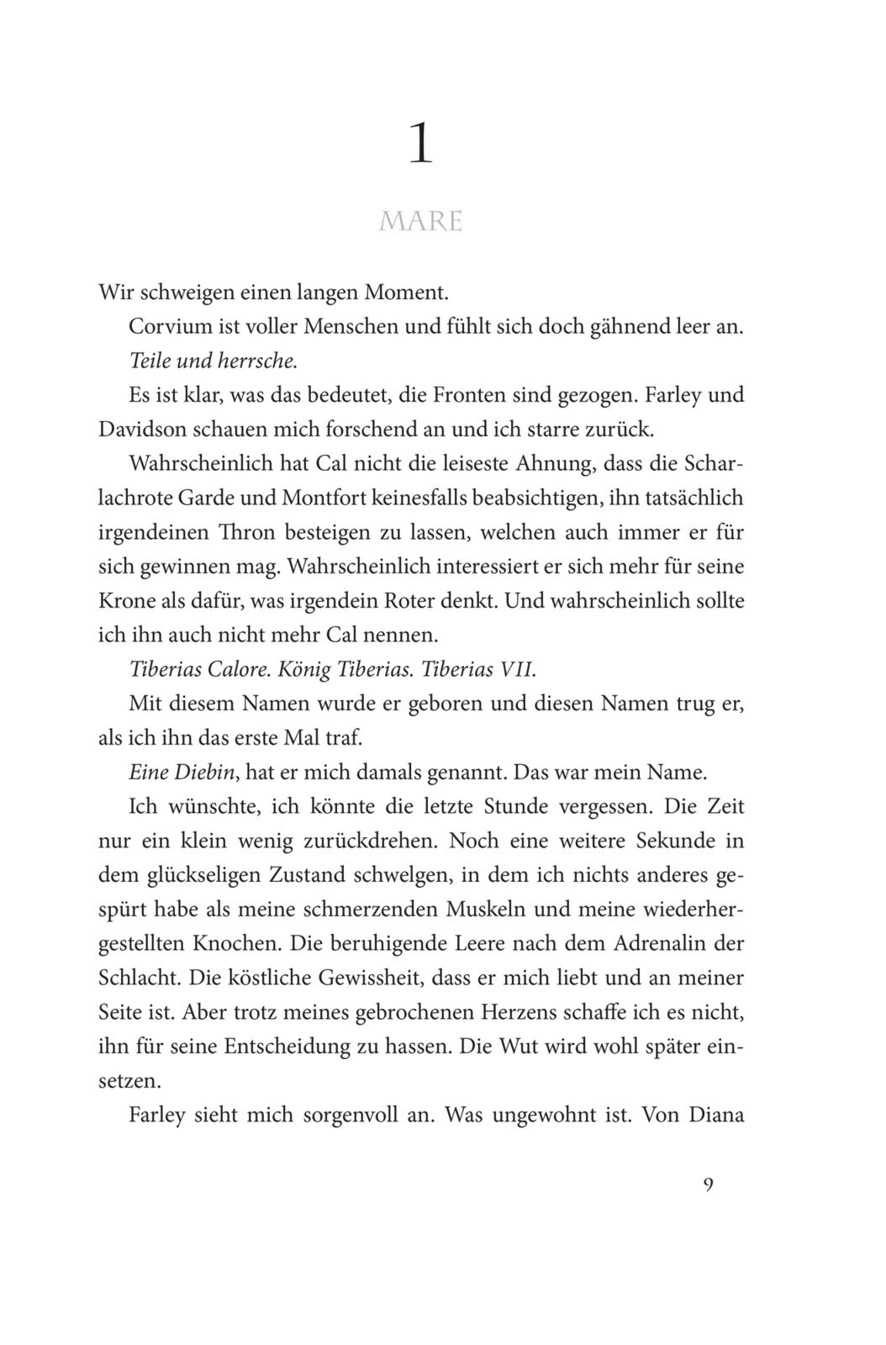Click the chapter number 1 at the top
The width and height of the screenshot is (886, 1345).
coord(420,145)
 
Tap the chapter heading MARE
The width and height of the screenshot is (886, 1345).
coord(421,221)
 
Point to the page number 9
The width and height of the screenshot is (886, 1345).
coord(708,1185)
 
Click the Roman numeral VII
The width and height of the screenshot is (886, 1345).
coord(517,670)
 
